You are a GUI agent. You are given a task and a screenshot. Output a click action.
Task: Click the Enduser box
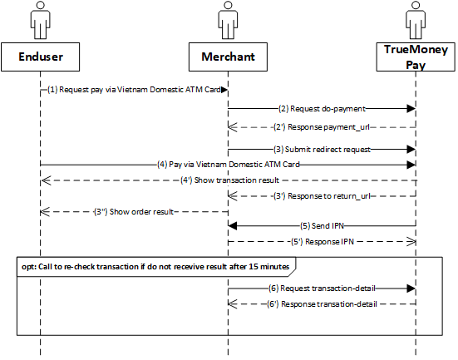click(x=40, y=57)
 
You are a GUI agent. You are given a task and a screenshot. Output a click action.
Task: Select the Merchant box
click(x=228, y=57)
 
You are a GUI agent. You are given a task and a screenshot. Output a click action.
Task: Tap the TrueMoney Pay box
click(x=416, y=57)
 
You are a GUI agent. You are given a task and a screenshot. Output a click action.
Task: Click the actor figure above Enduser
click(x=40, y=20)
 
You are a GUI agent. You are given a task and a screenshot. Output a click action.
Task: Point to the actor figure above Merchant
click(x=228, y=20)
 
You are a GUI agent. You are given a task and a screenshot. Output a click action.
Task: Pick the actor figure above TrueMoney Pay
click(x=416, y=20)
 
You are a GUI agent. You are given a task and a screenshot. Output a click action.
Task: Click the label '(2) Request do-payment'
click(x=322, y=109)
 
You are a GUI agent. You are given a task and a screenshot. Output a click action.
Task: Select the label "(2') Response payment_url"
click(x=322, y=127)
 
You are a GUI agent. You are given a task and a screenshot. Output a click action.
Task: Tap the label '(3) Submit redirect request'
click(x=322, y=150)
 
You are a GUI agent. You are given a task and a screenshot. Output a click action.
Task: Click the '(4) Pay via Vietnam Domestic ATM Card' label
click(x=229, y=165)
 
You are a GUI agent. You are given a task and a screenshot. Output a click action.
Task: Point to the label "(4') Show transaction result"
click(x=229, y=180)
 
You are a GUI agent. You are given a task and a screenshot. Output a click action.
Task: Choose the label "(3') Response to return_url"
click(x=322, y=195)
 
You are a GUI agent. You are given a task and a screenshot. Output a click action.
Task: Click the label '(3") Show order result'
click(x=134, y=211)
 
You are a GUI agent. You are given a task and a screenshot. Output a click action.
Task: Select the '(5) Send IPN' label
click(x=322, y=226)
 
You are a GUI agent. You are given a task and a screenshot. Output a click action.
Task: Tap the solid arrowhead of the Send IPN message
click(x=233, y=226)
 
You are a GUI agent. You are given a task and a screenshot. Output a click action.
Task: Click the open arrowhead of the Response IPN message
click(x=411, y=242)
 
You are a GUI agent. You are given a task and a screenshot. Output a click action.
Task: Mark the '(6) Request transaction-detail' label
click(x=322, y=288)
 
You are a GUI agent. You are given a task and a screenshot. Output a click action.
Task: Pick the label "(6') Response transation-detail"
click(x=322, y=304)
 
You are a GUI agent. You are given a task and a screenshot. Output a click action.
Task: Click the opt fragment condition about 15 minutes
click(x=155, y=267)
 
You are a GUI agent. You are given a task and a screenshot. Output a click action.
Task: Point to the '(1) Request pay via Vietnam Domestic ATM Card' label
click(x=134, y=90)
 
